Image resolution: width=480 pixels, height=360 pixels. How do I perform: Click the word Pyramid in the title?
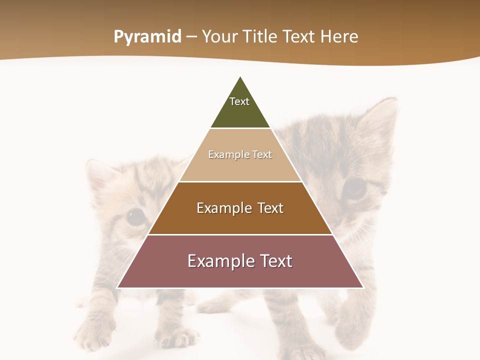pos(147,37)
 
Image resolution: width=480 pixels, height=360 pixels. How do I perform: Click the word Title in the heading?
pos(260,36)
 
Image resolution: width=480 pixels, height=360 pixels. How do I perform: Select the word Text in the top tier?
pos(239,101)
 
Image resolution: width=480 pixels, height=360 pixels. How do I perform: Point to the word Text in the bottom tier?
pos(274,261)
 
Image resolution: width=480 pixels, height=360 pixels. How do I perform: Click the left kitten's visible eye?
pos(135,217)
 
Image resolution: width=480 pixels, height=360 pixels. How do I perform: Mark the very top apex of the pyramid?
pos(240,77)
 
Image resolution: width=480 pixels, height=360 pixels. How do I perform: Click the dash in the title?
pos(191,37)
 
